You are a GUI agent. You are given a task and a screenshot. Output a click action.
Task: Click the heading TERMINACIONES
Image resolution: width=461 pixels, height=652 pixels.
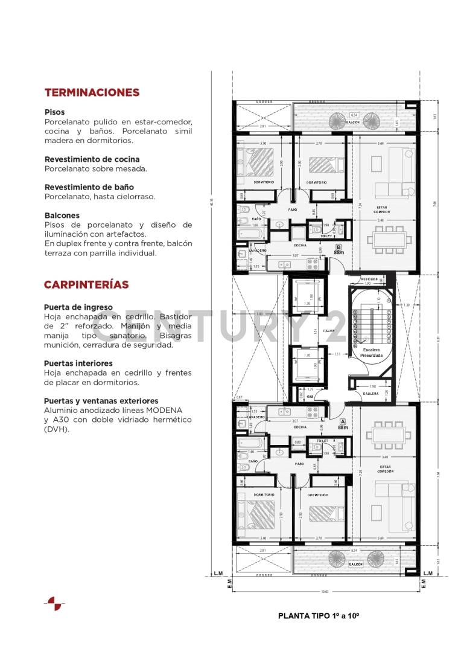click(x=92, y=92)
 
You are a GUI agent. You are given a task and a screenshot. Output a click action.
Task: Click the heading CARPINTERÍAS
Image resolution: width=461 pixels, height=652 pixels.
click(x=86, y=284)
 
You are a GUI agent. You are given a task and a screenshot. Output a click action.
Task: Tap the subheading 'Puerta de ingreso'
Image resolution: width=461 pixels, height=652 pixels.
click(x=78, y=307)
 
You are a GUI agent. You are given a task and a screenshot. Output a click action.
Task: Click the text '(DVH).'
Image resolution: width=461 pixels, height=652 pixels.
click(x=57, y=429)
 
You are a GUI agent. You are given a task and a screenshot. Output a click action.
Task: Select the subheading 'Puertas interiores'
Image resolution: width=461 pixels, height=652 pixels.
click(x=78, y=363)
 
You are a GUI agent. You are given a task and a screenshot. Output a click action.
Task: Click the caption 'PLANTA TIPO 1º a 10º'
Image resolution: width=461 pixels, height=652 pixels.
click(x=319, y=616)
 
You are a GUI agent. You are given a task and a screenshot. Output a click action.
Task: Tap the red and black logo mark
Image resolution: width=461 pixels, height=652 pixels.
click(x=54, y=603)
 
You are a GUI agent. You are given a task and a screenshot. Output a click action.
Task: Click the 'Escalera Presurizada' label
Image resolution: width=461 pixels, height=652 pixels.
click(x=371, y=353)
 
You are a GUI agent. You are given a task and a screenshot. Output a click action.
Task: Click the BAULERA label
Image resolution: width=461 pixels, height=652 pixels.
click(x=370, y=394)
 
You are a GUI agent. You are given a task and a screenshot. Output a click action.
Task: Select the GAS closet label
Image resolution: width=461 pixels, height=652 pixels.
click(x=310, y=397)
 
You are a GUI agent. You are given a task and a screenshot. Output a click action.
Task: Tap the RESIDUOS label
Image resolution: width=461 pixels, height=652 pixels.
click(x=369, y=279)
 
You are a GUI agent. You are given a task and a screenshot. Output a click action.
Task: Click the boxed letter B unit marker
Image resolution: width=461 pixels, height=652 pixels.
click(x=339, y=246)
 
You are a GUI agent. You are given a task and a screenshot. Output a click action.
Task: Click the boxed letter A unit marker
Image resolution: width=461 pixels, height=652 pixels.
click(x=342, y=422)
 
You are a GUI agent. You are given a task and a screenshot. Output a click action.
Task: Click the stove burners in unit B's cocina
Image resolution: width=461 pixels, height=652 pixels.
click(x=313, y=263)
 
